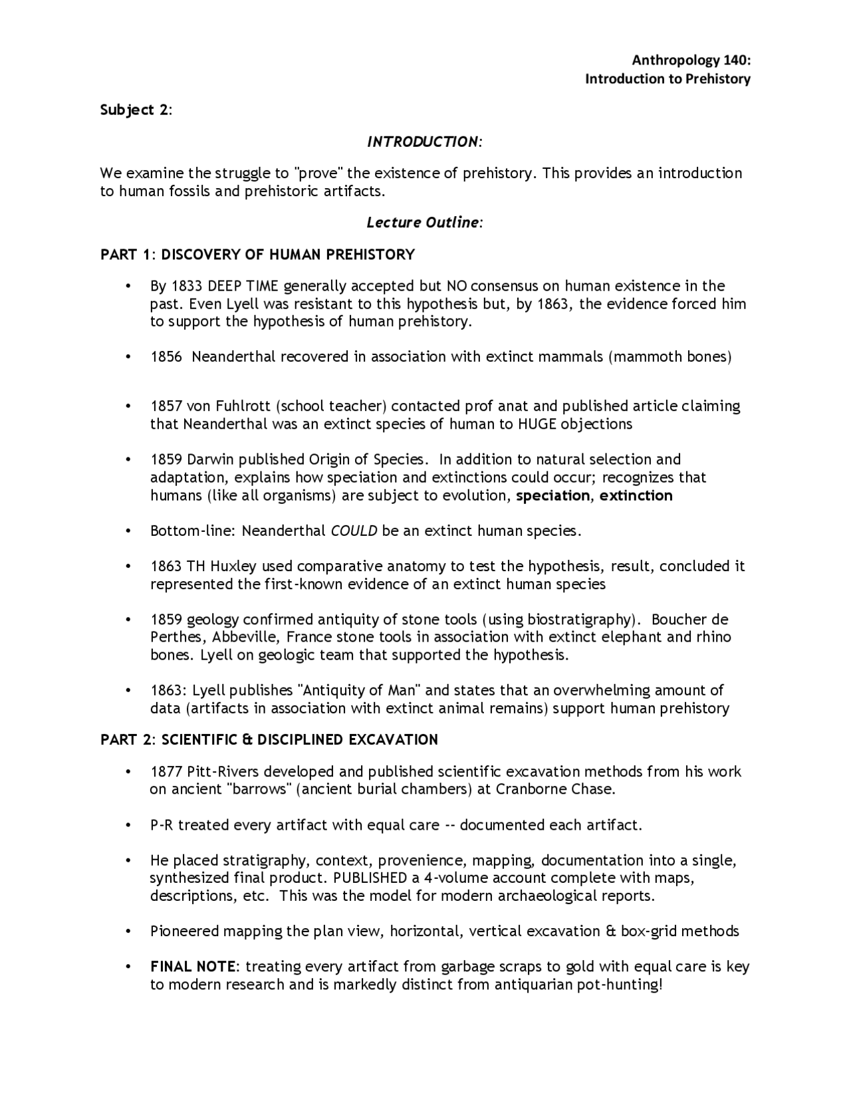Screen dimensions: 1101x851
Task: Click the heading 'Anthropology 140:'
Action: [691, 61]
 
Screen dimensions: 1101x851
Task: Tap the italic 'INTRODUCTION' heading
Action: [422, 142]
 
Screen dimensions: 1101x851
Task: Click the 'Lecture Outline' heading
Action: [422, 222]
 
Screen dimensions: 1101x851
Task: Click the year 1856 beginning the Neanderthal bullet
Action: [166, 357]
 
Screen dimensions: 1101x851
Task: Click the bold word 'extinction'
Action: [636, 495]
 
